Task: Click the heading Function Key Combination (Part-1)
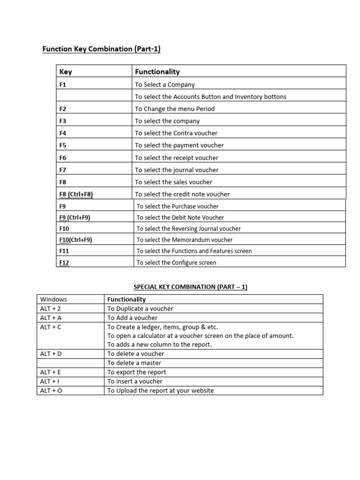[x=102, y=49]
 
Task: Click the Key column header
[x=66, y=72]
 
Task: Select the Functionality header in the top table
[x=157, y=72]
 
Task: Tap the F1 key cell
[x=63, y=85]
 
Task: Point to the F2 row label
[x=63, y=109]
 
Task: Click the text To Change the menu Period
[x=174, y=109]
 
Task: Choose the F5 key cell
[x=63, y=145]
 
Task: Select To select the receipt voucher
[x=176, y=158]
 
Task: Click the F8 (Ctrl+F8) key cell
[x=76, y=194]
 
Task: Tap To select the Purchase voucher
[x=177, y=206]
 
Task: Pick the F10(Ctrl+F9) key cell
[x=75, y=240]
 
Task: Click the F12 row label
[x=64, y=263]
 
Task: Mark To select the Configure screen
[x=176, y=263]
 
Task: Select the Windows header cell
[x=53, y=299]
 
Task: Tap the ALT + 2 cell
[x=51, y=308]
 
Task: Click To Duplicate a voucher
[x=140, y=308]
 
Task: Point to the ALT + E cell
[x=51, y=372]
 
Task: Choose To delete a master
[x=134, y=363]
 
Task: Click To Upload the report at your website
[x=160, y=390]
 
